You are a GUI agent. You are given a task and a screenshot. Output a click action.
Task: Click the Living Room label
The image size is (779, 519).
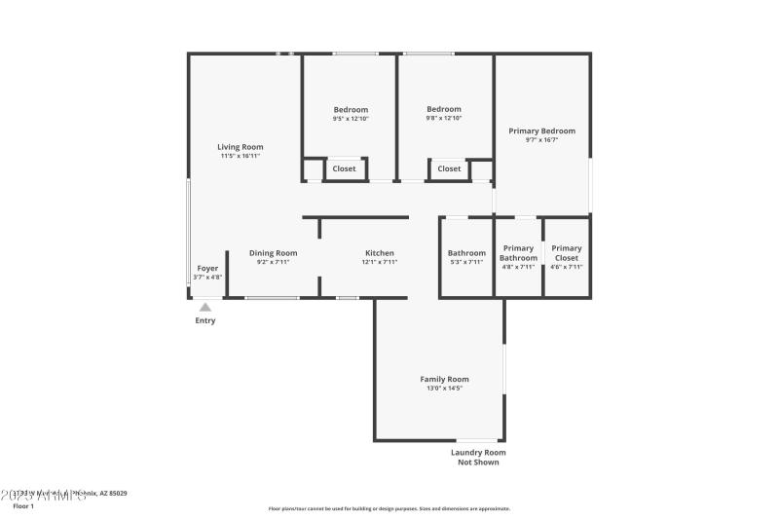pos(240,147)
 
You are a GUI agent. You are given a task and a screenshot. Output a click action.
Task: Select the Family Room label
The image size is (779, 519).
pos(444,379)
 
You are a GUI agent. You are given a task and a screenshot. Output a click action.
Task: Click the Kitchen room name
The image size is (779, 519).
pos(379,253)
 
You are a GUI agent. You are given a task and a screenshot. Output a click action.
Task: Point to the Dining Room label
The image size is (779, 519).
pos(273,253)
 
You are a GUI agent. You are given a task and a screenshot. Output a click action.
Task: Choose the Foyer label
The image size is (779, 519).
pos(207,268)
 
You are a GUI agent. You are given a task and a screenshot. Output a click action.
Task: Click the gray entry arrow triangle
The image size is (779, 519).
pos(205,308)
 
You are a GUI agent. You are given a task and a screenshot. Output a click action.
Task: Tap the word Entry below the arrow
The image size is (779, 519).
pos(205,320)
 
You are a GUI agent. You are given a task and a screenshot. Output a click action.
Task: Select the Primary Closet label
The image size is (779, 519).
pos(566,253)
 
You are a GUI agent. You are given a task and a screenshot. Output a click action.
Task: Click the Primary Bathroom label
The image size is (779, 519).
pos(518,253)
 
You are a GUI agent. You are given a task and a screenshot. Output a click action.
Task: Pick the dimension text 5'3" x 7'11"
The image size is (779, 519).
pos(466,262)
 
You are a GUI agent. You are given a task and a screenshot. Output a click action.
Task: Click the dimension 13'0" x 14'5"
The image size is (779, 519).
pos(444,389)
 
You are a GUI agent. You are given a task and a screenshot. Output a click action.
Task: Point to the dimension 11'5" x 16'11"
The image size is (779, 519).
pos(240,156)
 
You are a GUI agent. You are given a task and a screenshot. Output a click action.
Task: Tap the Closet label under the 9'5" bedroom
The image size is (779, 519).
pos(344,168)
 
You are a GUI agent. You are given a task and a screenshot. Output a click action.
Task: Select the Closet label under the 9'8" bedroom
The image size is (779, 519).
pos(449,168)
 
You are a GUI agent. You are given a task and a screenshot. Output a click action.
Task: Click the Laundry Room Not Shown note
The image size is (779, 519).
pos(478,457)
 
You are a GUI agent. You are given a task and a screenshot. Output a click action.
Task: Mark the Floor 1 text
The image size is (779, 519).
pos(22,506)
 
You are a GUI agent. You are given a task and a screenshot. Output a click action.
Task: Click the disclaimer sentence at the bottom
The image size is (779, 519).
pos(389,508)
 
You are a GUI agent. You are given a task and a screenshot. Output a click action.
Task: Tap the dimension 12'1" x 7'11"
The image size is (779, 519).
pos(379,262)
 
